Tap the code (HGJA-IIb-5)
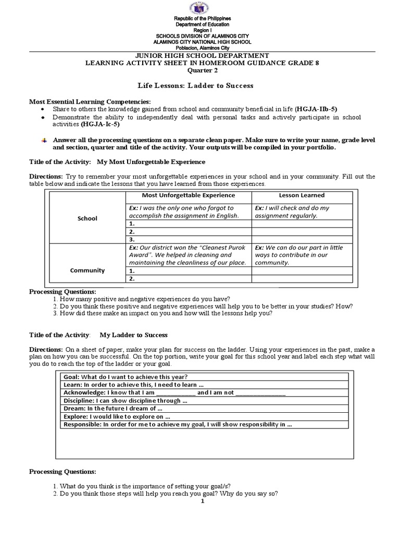316,109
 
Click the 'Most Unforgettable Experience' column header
189,195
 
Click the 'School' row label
87,219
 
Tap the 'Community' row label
87,270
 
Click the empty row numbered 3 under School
189,239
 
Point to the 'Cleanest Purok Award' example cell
189,255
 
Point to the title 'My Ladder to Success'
134,335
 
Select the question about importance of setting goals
136,486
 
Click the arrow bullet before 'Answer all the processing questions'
44,141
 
